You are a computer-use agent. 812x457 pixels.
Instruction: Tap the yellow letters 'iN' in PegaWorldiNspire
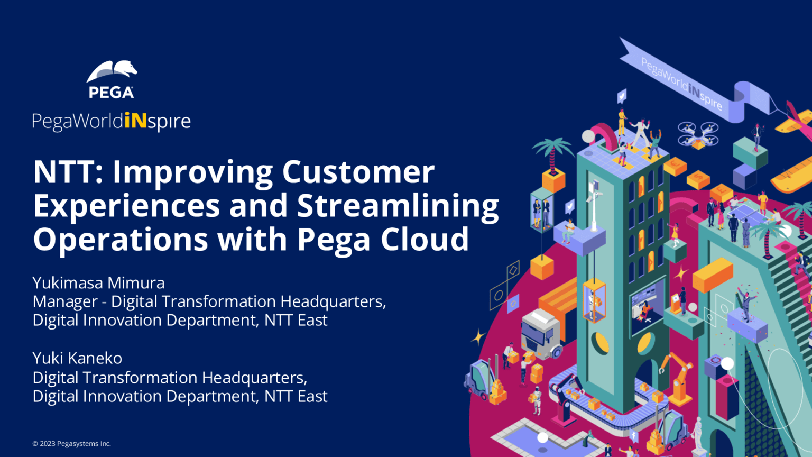tap(135, 121)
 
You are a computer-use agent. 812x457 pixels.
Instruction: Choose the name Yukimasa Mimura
tap(99, 283)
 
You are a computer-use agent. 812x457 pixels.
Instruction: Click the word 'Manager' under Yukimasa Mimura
tap(65, 302)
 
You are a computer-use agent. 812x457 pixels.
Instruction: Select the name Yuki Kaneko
tap(77, 358)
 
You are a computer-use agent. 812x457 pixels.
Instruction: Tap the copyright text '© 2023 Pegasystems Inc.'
tap(72, 444)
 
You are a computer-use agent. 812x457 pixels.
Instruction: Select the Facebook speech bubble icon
tap(633, 435)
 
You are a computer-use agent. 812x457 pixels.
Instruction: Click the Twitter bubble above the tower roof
tap(622, 96)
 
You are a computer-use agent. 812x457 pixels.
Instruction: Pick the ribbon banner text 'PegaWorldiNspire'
tap(682, 84)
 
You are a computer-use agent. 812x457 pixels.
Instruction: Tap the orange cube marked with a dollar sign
tap(698, 179)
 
